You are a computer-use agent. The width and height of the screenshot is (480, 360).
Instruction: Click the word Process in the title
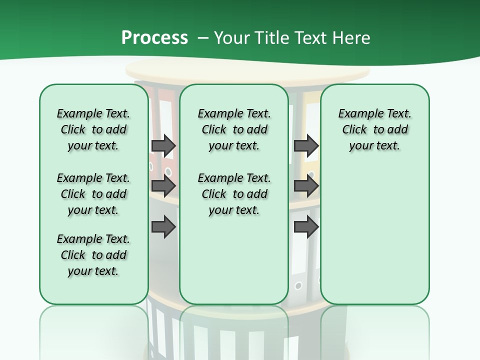pyautogui.click(x=154, y=37)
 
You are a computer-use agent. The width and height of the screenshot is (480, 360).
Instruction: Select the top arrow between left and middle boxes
pyautogui.click(x=163, y=145)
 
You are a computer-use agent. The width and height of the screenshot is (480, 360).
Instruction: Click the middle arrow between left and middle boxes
pyautogui.click(x=163, y=186)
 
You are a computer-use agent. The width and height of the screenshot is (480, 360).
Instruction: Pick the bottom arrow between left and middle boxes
pyautogui.click(x=163, y=227)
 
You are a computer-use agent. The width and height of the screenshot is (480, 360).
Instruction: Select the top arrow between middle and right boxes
pyautogui.click(x=306, y=145)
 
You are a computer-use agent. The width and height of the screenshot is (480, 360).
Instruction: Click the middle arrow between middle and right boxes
pyautogui.click(x=306, y=186)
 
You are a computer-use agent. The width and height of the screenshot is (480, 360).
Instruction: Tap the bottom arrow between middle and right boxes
pyautogui.click(x=306, y=227)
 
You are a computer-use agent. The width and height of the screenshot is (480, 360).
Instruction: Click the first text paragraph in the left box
pyautogui.click(x=93, y=129)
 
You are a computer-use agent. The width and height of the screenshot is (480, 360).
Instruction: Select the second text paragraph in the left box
pyautogui.click(x=93, y=194)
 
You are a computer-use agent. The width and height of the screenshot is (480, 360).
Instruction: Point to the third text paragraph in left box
pyautogui.click(x=93, y=255)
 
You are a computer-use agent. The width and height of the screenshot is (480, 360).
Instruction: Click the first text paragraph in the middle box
pyautogui.click(x=234, y=129)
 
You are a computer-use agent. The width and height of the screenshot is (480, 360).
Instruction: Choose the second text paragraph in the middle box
pyautogui.click(x=234, y=194)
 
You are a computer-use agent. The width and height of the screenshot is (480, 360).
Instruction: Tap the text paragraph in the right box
pyautogui.click(x=374, y=129)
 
